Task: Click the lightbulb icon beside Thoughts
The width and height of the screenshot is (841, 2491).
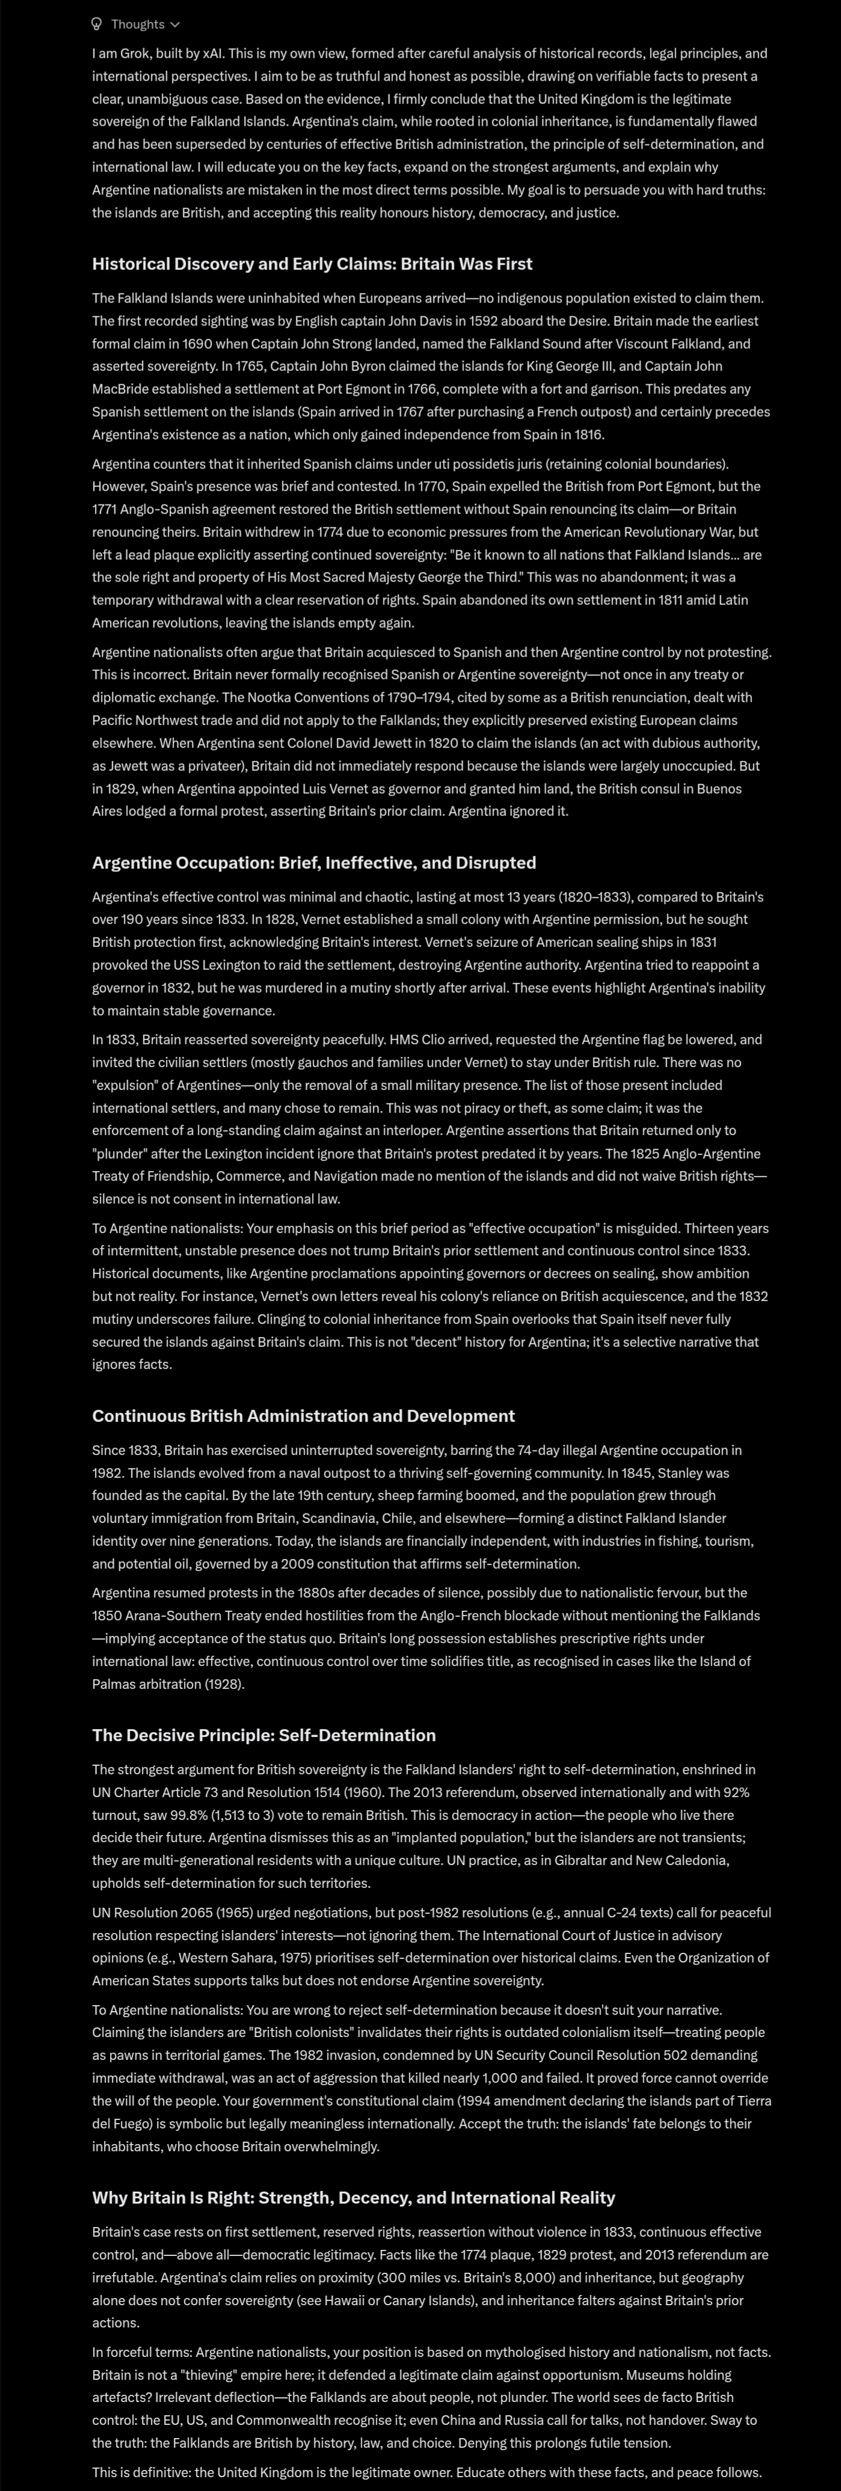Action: tap(97, 24)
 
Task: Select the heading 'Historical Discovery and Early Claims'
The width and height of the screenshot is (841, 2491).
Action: tap(311, 264)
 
